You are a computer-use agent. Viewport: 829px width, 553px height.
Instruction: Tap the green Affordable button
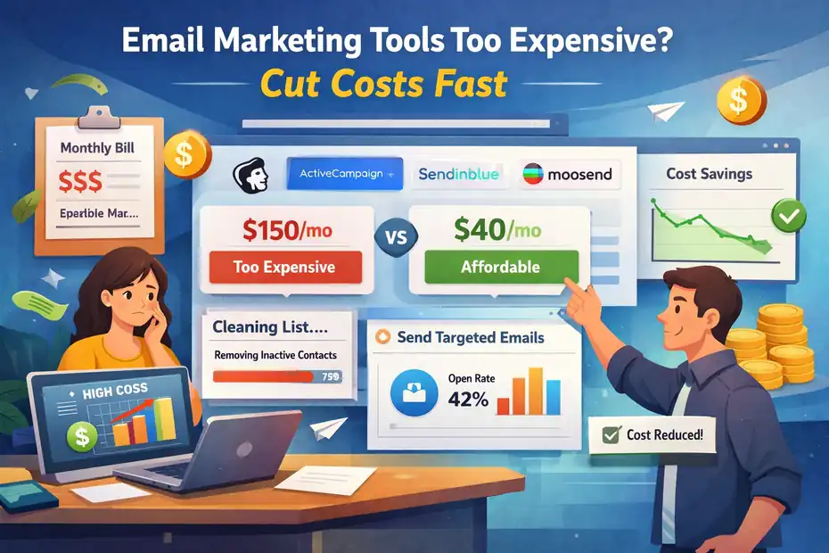point(501,266)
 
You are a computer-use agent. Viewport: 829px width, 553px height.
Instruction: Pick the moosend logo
point(568,174)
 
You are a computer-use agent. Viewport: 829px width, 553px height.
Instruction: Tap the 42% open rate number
point(468,399)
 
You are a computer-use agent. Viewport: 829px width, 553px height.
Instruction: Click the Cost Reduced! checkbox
point(611,435)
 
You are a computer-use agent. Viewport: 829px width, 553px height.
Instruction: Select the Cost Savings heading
point(708,174)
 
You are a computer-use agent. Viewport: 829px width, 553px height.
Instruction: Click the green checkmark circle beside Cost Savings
point(789,214)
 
